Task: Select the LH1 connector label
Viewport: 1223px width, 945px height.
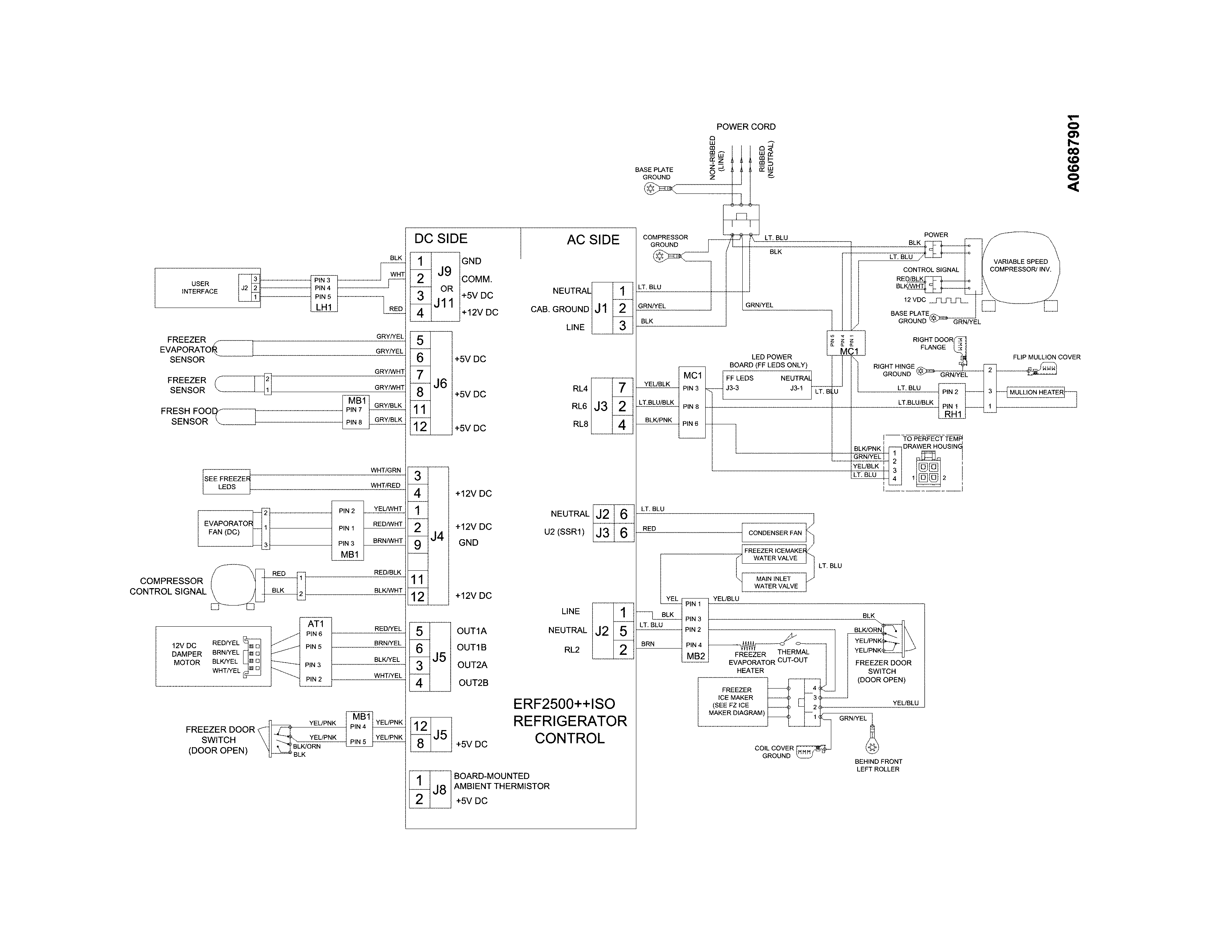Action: tap(324, 307)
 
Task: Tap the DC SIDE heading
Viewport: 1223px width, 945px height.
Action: tap(440, 239)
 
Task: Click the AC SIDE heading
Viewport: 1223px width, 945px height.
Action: tap(593, 240)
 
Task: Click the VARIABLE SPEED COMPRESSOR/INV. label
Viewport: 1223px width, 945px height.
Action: tap(1020, 265)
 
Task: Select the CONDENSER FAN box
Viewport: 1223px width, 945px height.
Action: tap(775, 533)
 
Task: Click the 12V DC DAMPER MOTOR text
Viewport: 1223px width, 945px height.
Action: tap(187, 654)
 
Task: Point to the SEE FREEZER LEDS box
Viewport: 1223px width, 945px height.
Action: tap(227, 483)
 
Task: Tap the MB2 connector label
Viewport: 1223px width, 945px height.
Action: tap(696, 656)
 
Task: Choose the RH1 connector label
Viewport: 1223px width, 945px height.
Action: tap(952, 414)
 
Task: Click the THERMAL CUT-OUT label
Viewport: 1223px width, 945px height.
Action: tap(792, 656)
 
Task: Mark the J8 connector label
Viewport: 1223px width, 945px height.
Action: tap(439, 790)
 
